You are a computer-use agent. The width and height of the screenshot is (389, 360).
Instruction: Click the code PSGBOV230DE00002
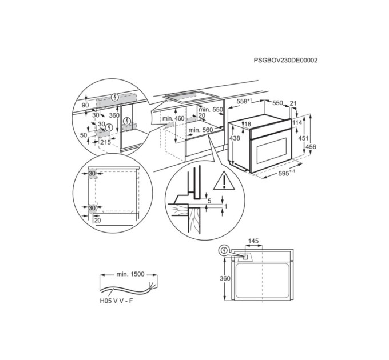click(285, 59)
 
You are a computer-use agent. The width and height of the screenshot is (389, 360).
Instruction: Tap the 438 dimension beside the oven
click(235, 139)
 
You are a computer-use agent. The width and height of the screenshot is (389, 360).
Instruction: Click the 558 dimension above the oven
click(245, 102)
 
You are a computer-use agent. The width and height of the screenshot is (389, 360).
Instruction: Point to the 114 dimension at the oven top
click(297, 123)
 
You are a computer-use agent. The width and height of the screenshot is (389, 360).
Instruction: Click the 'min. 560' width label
click(200, 130)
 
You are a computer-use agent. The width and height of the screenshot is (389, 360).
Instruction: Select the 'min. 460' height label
click(173, 118)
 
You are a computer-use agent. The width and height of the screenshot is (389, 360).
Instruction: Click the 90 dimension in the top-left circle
click(85, 106)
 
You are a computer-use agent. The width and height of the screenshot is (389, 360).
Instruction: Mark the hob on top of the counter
click(187, 98)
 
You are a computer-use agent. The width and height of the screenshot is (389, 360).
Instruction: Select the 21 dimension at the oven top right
click(293, 103)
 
